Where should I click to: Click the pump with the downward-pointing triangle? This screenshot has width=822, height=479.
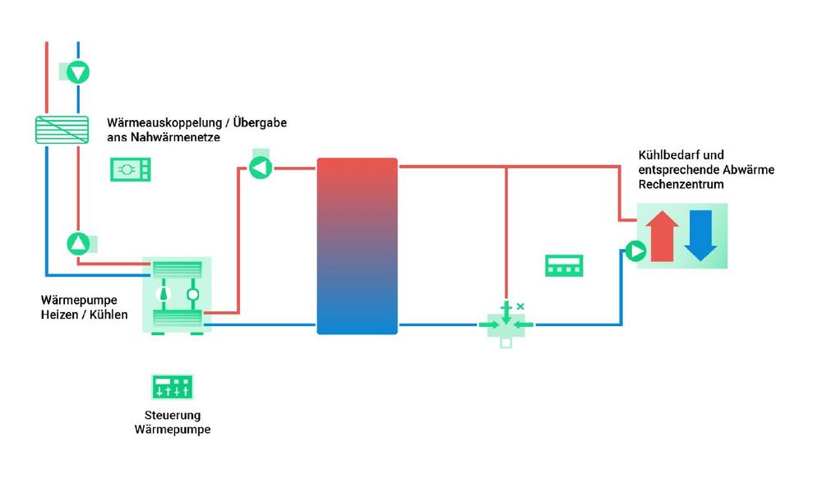coord(77,72)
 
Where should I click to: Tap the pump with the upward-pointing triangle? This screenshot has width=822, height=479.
coord(78,243)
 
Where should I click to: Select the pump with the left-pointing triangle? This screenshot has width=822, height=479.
coord(260,168)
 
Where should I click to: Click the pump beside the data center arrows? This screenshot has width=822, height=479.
coord(635,251)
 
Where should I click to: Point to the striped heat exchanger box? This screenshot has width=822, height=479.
coord(62,130)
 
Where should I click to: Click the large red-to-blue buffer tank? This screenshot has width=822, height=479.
coord(357,246)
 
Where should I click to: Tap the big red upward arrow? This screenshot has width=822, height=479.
coord(663,236)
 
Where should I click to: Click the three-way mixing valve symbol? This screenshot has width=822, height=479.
coord(506,325)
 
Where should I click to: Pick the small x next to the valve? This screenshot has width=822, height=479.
coord(520,306)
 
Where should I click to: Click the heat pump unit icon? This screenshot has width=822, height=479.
coord(178,295)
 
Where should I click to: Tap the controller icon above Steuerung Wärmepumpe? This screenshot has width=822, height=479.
coord(173,387)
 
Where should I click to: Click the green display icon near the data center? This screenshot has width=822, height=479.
coord(564,265)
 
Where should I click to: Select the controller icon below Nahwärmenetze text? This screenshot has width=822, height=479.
coord(132,169)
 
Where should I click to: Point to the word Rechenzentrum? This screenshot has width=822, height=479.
coord(681,185)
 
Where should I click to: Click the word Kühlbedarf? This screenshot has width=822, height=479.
coord(667,154)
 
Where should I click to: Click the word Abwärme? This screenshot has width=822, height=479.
coord(747,170)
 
